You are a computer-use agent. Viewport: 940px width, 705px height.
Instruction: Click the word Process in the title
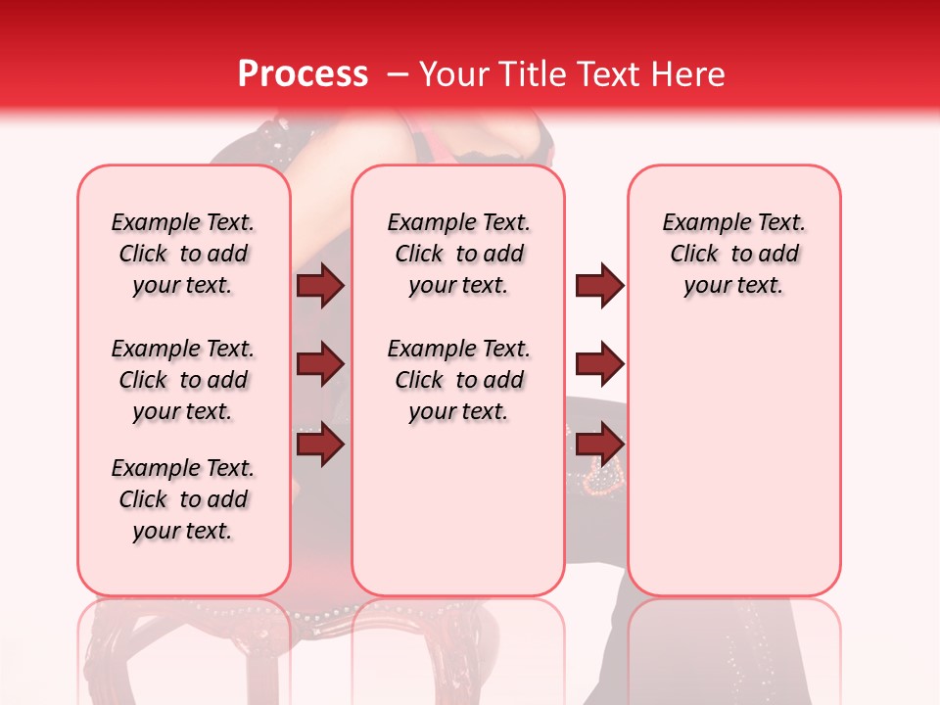tap(303, 74)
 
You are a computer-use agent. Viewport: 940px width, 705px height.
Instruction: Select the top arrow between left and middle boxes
tap(321, 286)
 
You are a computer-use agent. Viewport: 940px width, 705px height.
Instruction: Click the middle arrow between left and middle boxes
tap(321, 364)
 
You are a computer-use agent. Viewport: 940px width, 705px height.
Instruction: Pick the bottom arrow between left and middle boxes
tap(321, 444)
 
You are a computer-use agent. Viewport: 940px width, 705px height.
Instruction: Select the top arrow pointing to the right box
tap(599, 286)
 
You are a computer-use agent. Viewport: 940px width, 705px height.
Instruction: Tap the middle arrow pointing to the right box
tap(599, 364)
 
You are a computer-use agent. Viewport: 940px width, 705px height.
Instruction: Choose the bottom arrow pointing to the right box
tap(599, 444)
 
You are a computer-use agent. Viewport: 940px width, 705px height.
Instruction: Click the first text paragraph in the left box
tap(183, 254)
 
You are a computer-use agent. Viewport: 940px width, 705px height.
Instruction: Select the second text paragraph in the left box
tap(183, 380)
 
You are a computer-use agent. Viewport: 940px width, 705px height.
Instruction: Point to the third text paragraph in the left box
tap(183, 499)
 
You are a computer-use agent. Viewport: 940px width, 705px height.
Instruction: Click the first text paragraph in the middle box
tap(458, 254)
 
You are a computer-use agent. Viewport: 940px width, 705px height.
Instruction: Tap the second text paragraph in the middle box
tap(458, 380)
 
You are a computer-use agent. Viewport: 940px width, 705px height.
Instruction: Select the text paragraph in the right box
tap(733, 254)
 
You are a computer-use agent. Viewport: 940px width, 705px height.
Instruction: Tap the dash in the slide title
tap(398, 74)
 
